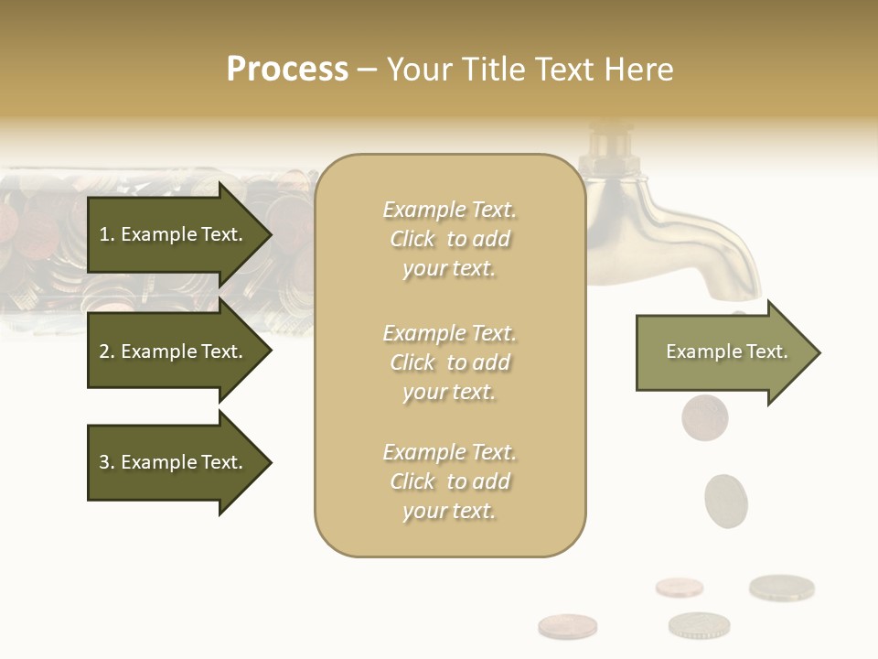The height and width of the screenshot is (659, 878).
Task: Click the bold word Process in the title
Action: pos(287,70)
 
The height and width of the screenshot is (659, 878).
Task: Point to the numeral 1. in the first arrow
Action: pos(106,234)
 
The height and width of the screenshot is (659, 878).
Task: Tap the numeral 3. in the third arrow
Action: pos(106,462)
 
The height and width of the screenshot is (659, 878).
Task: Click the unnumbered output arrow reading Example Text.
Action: pos(723,351)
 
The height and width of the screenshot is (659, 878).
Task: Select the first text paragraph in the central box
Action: pos(449,239)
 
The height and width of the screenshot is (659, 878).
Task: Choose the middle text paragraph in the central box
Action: pos(449,362)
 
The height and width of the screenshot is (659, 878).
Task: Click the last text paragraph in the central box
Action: pos(449,481)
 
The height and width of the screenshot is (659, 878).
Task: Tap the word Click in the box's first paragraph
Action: pos(412,239)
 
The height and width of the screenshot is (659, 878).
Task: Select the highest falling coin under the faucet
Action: pos(704,416)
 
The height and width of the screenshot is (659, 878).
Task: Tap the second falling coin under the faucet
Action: pos(726,500)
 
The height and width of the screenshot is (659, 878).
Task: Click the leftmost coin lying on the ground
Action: pos(567,626)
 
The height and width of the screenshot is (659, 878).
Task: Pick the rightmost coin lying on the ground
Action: pos(781,587)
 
